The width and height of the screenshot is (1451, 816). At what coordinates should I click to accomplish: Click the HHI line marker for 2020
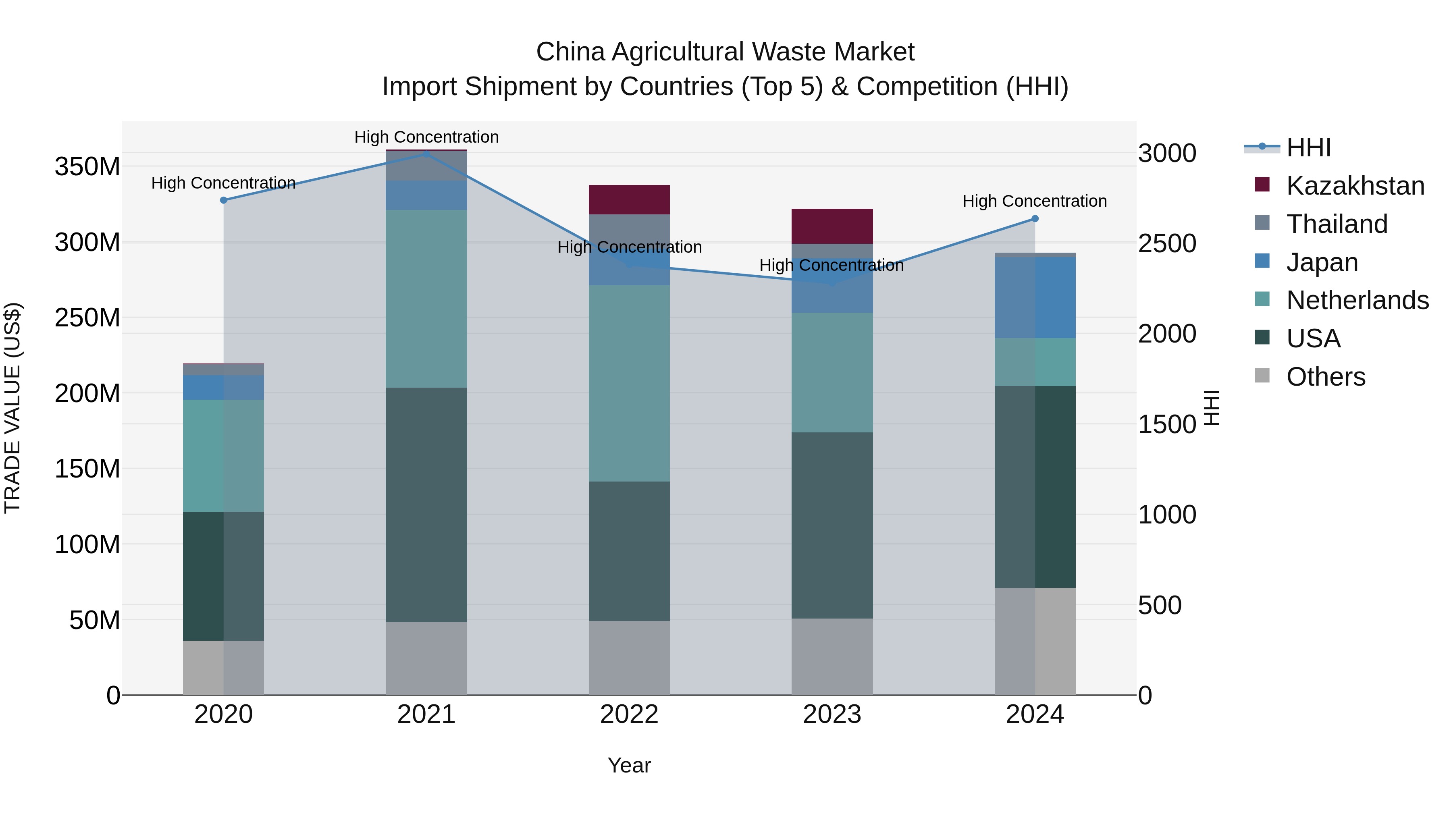point(224,200)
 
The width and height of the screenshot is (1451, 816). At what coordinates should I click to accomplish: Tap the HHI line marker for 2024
point(1035,218)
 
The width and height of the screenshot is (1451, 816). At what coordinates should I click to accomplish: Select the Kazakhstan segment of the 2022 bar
point(629,199)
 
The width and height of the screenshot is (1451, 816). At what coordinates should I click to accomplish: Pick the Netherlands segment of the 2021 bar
point(426,299)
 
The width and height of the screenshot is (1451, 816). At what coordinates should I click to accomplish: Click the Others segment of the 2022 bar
point(629,658)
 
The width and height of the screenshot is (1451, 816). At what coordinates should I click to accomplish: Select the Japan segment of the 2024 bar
point(1035,297)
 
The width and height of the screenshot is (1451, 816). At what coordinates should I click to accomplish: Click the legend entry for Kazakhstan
point(1355,186)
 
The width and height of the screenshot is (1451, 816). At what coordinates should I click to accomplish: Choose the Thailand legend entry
point(1337,224)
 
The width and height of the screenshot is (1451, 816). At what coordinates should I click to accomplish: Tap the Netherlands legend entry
point(1357,300)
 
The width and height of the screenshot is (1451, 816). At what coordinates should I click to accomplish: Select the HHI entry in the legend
point(1308,147)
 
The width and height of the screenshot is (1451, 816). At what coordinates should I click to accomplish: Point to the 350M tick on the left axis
point(87,167)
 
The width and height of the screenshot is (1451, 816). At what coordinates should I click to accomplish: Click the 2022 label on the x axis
point(629,714)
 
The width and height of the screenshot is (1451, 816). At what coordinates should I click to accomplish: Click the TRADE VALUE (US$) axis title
point(12,408)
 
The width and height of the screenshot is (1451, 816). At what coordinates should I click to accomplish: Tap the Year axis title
point(629,765)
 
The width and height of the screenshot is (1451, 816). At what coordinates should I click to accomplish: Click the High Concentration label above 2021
point(426,137)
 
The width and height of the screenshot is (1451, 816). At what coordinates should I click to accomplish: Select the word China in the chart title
point(570,52)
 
